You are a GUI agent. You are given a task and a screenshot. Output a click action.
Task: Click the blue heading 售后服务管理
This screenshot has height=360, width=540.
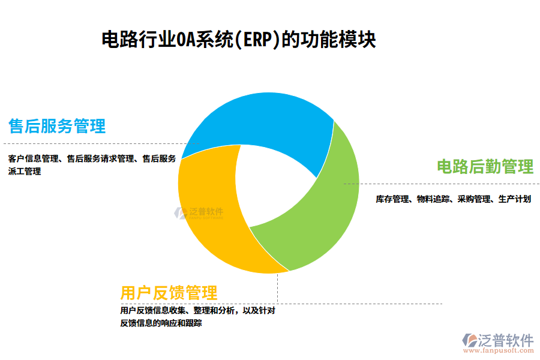pos(57,126)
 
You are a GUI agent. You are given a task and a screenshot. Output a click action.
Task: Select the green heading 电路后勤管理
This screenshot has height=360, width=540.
pos(485,166)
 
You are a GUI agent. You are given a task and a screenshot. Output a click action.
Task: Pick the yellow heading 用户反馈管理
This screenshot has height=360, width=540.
pos(169,293)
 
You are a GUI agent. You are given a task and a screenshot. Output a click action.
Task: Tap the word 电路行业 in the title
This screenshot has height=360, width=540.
pos(137,40)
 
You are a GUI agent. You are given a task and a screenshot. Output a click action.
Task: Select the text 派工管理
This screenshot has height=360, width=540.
pos(25,172)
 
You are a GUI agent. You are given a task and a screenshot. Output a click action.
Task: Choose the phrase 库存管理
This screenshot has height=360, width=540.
pos(392,199)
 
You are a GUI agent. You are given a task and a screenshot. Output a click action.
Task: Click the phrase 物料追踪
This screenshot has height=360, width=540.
pos(433,199)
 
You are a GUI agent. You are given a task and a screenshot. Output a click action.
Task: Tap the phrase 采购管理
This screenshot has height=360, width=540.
pos(474,199)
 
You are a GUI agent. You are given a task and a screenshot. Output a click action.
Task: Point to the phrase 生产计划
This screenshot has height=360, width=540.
pos(514,199)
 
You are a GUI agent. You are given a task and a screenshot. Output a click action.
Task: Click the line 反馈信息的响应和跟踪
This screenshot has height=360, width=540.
pos(161,323)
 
